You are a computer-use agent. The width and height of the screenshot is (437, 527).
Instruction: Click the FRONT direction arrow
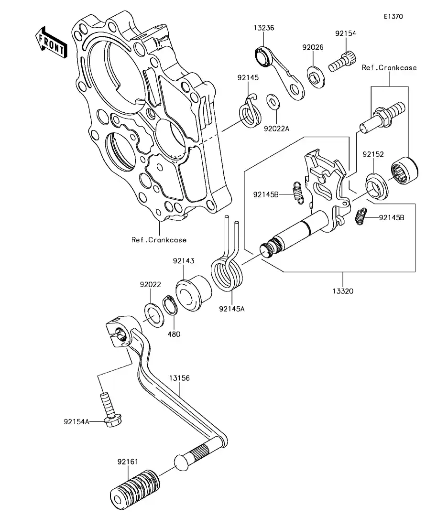pyautogui.click(x=50, y=42)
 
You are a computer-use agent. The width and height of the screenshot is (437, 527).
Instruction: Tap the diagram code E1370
pyautogui.click(x=393, y=16)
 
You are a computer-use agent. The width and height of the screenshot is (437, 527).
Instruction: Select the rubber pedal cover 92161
pyautogui.click(x=135, y=486)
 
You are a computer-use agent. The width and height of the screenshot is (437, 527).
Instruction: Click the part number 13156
pyautogui.click(x=179, y=378)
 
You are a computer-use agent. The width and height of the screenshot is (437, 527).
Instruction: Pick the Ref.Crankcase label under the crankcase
pyautogui.click(x=159, y=240)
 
